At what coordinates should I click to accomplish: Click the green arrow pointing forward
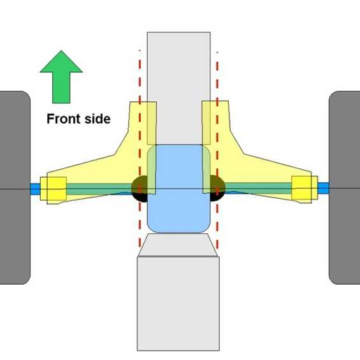61,77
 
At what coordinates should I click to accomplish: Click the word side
97,119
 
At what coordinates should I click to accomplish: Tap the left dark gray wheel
15,188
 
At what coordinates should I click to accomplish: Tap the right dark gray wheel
344,188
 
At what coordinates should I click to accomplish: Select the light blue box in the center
178,189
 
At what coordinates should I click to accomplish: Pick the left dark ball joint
140,189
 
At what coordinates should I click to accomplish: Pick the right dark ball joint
217,188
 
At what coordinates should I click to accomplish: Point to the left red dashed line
140,148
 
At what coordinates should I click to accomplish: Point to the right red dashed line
217,150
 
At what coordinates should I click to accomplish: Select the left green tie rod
99,189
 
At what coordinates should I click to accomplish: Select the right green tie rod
258,189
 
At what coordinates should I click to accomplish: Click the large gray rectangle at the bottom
178,303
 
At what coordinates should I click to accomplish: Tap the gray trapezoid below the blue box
178,245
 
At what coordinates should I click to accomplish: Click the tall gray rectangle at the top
178,89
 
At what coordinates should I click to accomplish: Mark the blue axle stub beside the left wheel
35,189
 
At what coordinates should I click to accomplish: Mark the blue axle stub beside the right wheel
323,188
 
